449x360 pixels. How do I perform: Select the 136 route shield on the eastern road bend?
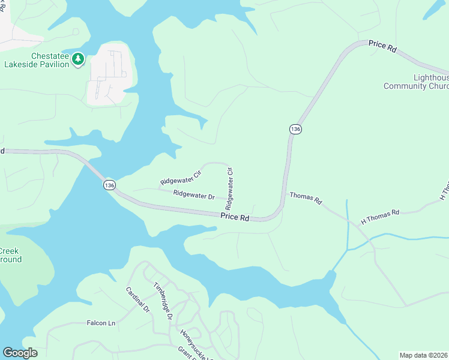(x=295, y=130)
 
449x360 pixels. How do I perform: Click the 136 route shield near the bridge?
(x=109, y=185)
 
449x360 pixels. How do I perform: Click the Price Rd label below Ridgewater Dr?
(x=235, y=218)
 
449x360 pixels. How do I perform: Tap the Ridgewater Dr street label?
(x=193, y=195)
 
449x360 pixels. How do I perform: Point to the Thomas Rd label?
(x=306, y=198)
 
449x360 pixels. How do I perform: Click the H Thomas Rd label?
(x=380, y=217)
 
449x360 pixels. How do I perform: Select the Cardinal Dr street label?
(x=137, y=299)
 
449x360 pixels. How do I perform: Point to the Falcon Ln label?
(x=101, y=323)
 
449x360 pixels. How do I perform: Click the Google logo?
(x=20, y=353)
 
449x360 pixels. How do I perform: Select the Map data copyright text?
(x=424, y=355)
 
